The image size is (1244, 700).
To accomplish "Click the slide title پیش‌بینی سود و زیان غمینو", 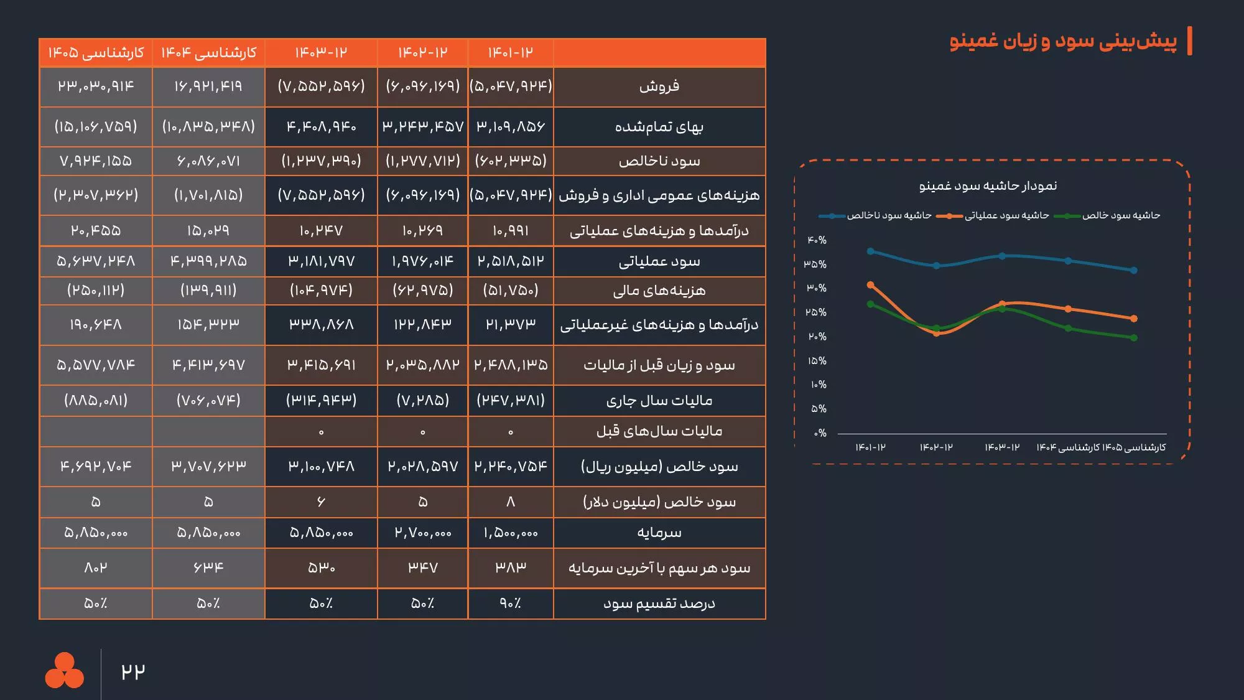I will coord(1063,41).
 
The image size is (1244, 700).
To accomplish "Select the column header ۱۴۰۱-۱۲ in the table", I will coord(510,52).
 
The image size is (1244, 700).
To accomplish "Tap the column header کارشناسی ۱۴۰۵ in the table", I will coord(96,52).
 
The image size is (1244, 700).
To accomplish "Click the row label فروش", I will coord(659,86).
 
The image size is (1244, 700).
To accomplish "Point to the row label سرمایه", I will coord(659,533).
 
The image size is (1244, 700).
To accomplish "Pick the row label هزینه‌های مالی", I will coord(659,291).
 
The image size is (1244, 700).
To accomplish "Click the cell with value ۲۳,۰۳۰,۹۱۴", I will coord(96,86).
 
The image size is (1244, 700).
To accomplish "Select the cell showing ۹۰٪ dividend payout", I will coord(510,604).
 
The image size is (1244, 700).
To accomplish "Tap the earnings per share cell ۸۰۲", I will coord(96,567).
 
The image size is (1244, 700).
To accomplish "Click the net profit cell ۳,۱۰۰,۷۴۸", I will coord(321,466).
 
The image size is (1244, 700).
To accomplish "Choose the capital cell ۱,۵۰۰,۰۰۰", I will coord(510,533).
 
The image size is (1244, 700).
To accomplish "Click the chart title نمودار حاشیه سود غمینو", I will coord(988,186).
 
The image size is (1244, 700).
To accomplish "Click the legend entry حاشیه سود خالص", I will coord(1120,215).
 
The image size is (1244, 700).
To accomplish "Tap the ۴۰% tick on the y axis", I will coord(817,240).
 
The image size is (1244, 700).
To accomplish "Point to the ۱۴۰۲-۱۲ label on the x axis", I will coord(936,447).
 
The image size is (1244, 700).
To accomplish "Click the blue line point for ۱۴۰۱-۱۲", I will coord(871,251).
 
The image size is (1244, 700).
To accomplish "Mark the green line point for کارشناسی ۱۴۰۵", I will coord(1134,338).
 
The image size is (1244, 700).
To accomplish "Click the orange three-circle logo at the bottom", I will coord(64,671).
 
